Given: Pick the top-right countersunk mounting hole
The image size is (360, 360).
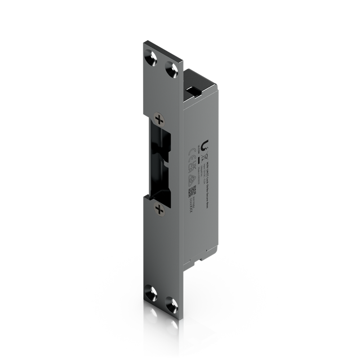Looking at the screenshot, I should pyautogui.click(x=171, y=69).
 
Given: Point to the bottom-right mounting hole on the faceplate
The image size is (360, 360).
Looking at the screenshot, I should pyautogui.click(x=170, y=302).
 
